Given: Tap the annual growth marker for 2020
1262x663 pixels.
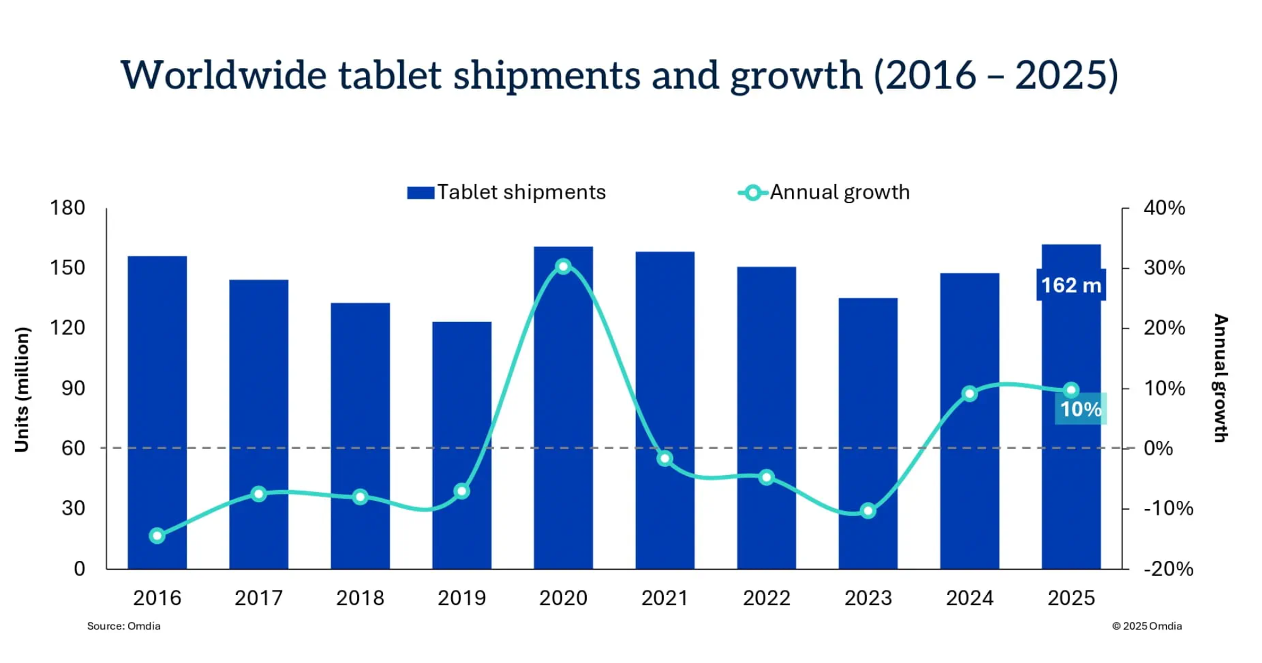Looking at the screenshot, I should pos(563,266).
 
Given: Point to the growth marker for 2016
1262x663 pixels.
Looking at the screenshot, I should pos(157,536).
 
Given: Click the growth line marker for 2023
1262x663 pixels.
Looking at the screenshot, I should pos(868,510).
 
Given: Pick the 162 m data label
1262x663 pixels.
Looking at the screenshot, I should pos(1071,285).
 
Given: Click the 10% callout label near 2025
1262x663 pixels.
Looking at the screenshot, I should pos(1080,409).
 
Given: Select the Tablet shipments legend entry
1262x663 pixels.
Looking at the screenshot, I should pos(507,192).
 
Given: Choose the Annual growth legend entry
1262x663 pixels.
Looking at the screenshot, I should pos(824,192).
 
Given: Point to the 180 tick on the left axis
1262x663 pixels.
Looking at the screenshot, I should pos(68,208).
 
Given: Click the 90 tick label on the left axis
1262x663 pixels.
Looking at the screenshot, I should pos(73,388).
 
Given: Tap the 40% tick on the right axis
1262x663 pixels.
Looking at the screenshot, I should pos(1164,208).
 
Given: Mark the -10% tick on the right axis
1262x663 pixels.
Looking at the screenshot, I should pos(1168,508).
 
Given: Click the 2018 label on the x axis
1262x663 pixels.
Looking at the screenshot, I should pos(360,597).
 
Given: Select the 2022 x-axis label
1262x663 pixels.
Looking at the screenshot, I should pos(767,597).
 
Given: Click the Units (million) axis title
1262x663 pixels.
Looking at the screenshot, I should pos(22,389).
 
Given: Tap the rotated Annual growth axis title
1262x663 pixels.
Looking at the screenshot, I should pos(1221,378).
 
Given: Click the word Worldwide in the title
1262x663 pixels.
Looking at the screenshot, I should pos(224,76).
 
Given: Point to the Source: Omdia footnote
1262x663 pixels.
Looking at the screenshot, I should pos(124,626).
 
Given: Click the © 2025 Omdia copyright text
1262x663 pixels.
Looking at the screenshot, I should pos(1147,626).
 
